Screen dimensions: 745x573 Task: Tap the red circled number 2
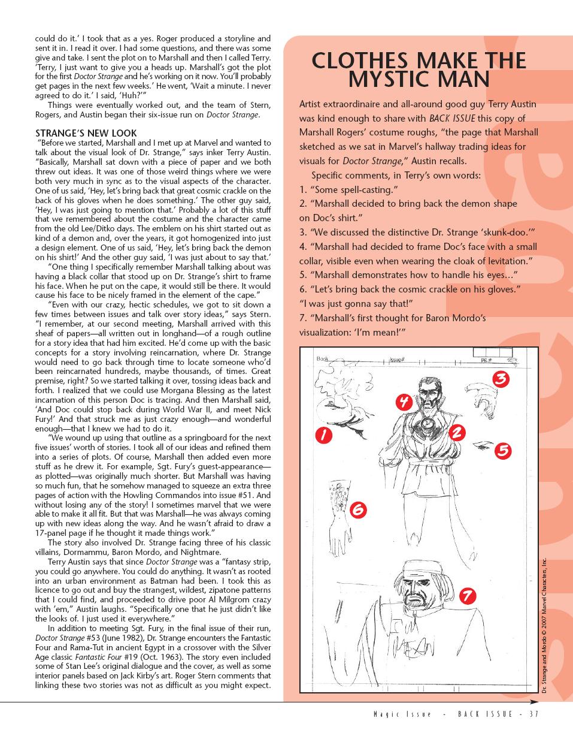click(x=457, y=432)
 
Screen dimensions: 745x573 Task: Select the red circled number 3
click(x=501, y=378)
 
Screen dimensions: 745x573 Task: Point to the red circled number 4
click(x=404, y=402)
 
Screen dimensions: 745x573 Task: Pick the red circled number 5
click(x=504, y=451)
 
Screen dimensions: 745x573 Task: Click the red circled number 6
click(x=357, y=510)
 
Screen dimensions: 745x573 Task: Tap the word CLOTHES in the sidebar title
click(x=363, y=61)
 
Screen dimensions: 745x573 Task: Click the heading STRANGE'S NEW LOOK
click(x=86, y=133)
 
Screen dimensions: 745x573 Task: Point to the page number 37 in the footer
click(x=534, y=713)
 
